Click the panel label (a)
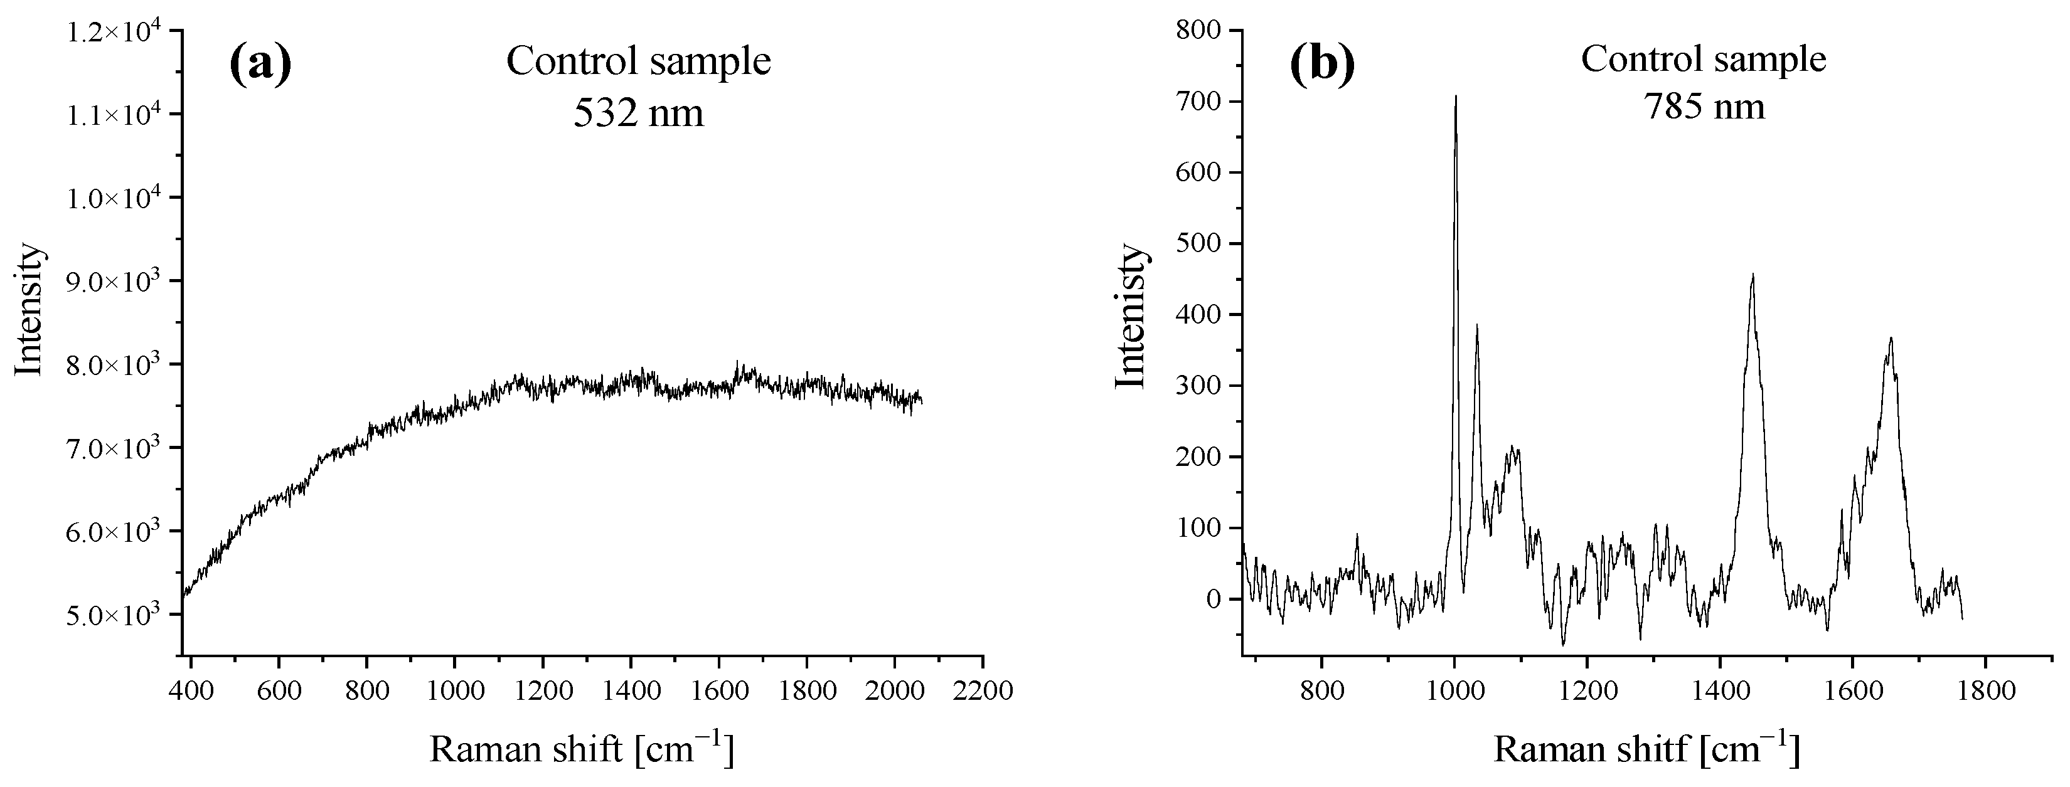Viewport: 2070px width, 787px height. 260,63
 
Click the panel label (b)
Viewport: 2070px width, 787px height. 1322,63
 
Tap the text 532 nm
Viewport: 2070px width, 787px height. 638,112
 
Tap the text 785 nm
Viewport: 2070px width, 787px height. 1703,105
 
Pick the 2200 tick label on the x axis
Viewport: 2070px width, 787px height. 982,690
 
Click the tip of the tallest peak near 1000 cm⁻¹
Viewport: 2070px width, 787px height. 1455,97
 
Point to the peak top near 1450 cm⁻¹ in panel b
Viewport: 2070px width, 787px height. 1753,275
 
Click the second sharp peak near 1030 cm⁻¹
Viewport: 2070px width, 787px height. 1477,325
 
